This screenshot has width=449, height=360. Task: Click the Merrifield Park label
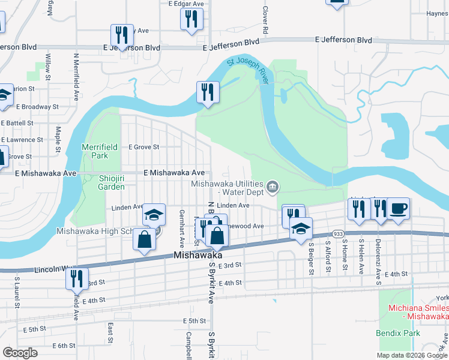tap(95, 151)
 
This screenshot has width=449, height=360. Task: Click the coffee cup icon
tap(398, 209)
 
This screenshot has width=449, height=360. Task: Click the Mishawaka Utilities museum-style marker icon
tap(273, 187)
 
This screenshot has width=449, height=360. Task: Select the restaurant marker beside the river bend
tap(208, 92)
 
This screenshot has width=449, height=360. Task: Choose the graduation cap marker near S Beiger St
tap(301, 228)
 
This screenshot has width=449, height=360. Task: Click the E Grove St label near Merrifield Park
tap(143, 146)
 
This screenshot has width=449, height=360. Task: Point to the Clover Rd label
tap(264, 20)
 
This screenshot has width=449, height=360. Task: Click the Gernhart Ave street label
tap(181, 223)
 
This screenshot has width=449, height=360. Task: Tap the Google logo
tap(20, 353)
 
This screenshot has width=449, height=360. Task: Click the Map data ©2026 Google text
tap(412, 355)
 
